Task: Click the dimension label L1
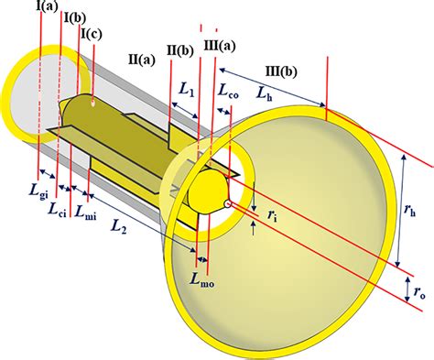pyautogui.click(x=188, y=93)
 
